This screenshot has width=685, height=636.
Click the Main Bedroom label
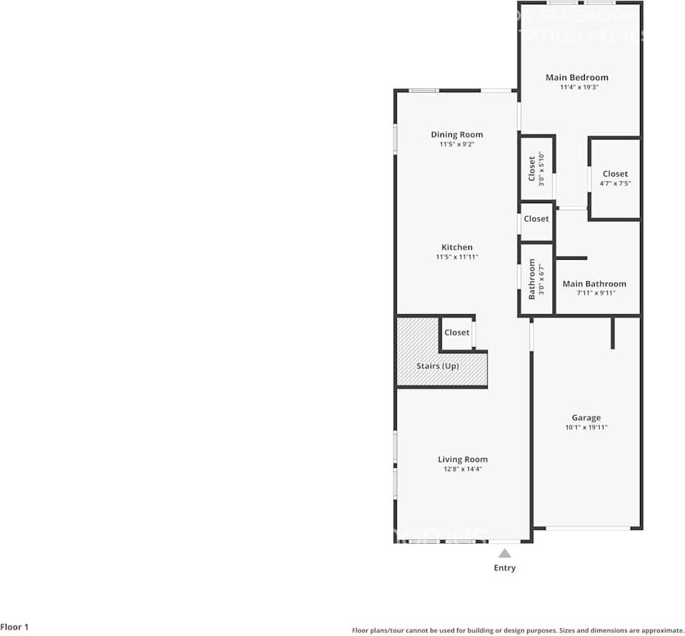tap(576, 77)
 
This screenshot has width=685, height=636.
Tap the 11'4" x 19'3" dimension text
tap(578, 87)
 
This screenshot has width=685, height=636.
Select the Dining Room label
tap(456, 134)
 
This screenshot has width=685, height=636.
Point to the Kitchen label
tap(456, 248)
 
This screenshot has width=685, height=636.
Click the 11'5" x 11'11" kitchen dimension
tap(456, 257)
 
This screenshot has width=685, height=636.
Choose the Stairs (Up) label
tap(438, 366)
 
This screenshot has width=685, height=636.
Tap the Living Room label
tap(463, 459)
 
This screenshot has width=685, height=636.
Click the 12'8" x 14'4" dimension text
tap(463, 469)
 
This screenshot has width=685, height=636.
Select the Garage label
tap(586, 418)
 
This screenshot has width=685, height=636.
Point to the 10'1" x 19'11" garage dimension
tap(586, 428)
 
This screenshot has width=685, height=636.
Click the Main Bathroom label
tap(593, 284)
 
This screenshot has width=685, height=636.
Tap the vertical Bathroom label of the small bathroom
tap(531, 279)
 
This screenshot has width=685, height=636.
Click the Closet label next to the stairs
tap(457, 333)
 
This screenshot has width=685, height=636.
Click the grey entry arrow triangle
tap(504, 553)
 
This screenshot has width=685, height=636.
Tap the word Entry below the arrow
tap(504, 568)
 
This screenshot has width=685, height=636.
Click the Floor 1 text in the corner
tap(15, 627)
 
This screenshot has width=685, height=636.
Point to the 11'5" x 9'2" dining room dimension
tap(456, 145)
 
